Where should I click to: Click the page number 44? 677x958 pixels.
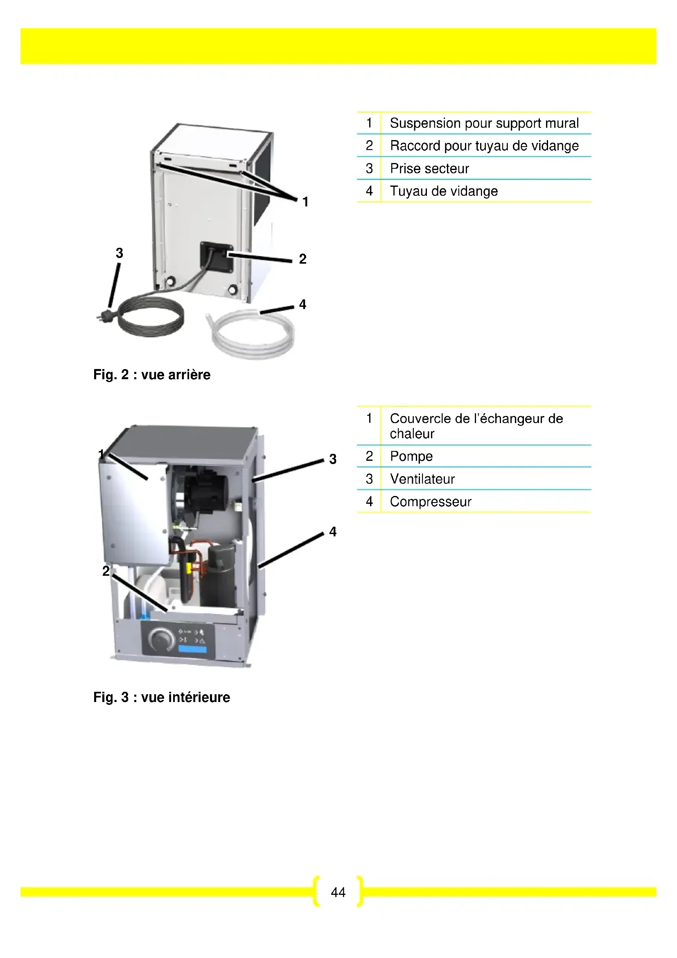pyautogui.click(x=338, y=892)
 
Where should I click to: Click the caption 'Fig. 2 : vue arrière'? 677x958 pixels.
pyautogui.click(x=152, y=375)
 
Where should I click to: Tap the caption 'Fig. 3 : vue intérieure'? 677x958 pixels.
pyautogui.click(x=162, y=697)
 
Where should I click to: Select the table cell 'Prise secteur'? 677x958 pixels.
pyautogui.click(x=429, y=169)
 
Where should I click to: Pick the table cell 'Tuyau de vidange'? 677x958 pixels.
pyautogui.click(x=444, y=191)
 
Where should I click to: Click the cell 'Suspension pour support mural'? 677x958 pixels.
pyautogui.click(x=484, y=124)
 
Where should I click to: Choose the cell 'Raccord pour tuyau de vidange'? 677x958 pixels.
pyautogui.click(x=484, y=146)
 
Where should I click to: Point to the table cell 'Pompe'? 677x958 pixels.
pyautogui.click(x=411, y=456)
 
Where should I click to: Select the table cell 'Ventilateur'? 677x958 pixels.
pyautogui.click(x=422, y=479)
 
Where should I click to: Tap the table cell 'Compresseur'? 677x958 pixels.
pyautogui.click(x=431, y=502)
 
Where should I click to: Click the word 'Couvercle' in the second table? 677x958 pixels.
pyautogui.click(x=416, y=419)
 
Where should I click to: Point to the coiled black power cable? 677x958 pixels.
pyautogui.click(x=152, y=319)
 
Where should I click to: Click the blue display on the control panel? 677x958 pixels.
pyautogui.click(x=192, y=649)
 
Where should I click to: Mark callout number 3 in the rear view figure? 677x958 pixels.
pyautogui.click(x=120, y=253)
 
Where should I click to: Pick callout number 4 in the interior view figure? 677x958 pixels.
pyautogui.click(x=333, y=532)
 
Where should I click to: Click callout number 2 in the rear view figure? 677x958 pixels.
pyautogui.click(x=302, y=259)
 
